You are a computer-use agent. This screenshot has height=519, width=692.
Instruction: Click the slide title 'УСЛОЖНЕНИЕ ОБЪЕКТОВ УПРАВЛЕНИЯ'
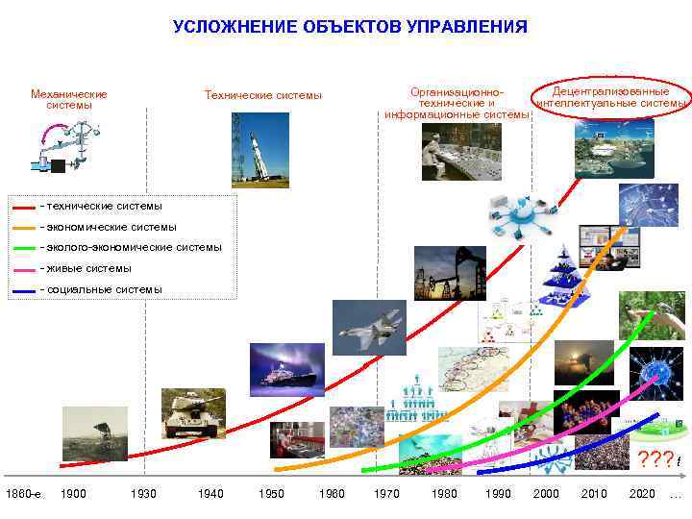[x=350, y=27]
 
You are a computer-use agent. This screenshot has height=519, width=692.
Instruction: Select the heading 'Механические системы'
[x=69, y=100]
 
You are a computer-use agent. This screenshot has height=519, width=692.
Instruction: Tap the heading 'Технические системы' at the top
[x=263, y=95]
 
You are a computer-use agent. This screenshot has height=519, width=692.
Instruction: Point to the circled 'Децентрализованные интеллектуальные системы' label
[x=611, y=97]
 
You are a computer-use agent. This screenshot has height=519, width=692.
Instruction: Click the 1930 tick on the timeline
[x=142, y=494]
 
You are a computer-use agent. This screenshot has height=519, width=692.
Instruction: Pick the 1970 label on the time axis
[x=386, y=494]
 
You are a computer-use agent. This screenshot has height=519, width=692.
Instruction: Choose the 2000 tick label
[x=545, y=494]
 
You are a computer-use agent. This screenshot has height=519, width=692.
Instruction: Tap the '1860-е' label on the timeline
[x=23, y=494]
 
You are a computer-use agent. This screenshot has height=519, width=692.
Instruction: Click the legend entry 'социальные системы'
[x=101, y=289]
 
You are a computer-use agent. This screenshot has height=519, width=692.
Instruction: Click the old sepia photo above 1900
[x=94, y=432]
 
